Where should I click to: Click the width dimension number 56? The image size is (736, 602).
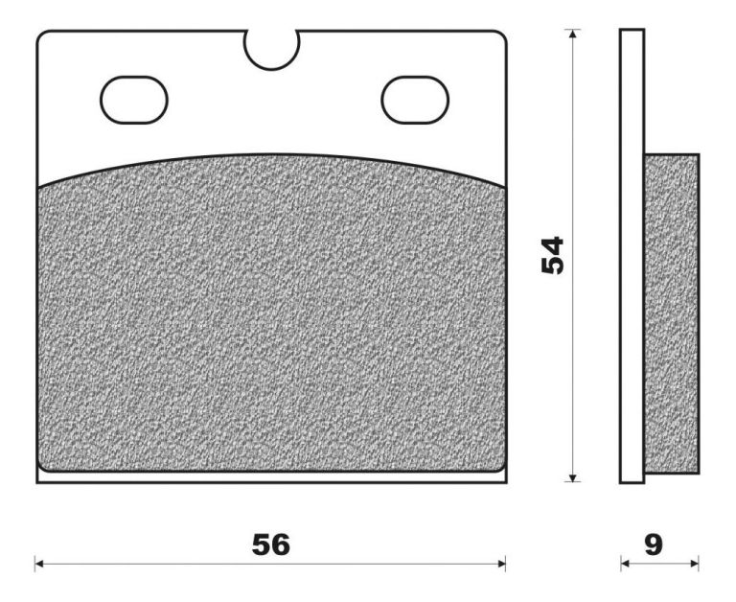(271, 544)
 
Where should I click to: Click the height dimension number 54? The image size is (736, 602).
(552, 255)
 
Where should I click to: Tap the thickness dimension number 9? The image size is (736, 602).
(654, 544)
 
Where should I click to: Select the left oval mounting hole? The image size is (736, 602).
(134, 100)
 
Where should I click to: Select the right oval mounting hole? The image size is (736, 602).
(415, 100)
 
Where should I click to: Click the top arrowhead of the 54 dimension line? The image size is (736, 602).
(572, 35)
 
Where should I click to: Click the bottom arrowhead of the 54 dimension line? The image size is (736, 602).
(572, 477)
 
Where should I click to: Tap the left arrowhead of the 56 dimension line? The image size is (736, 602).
(40, 564)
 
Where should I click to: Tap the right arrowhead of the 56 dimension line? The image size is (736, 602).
(500, 564)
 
